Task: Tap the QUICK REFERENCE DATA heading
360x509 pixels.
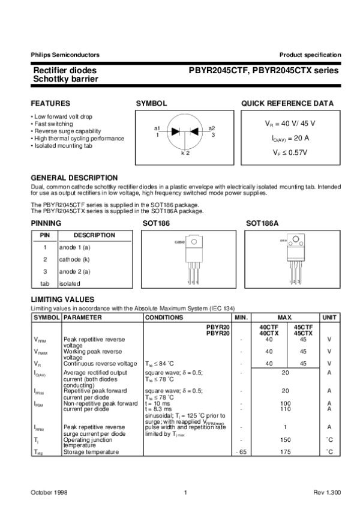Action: [287, 104]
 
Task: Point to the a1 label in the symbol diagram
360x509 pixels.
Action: [157, 128]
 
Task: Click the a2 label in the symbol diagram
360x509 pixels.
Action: [212, 128]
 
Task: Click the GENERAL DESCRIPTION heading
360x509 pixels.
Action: [74, 178]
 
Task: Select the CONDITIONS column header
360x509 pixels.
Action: [164, 317]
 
